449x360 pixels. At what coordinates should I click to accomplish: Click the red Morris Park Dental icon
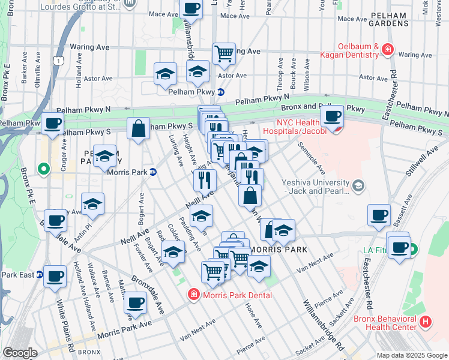(x=194, y=295)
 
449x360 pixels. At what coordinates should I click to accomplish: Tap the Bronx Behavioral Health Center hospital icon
(x=426, y=322)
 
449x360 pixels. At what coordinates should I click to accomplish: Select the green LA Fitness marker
(x=414, y=249)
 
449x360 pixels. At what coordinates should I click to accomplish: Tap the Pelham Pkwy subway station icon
(x=221, y=92)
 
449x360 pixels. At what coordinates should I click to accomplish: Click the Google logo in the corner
(x=20, y=353)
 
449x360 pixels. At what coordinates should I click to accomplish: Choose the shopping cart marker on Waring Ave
(x=224, y=53)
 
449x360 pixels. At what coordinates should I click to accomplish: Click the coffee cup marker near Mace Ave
(x=191, y=8)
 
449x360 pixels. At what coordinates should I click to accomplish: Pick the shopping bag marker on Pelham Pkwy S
(x=138, y=128)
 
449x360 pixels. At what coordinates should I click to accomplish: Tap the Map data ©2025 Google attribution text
(x=411, y=355)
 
